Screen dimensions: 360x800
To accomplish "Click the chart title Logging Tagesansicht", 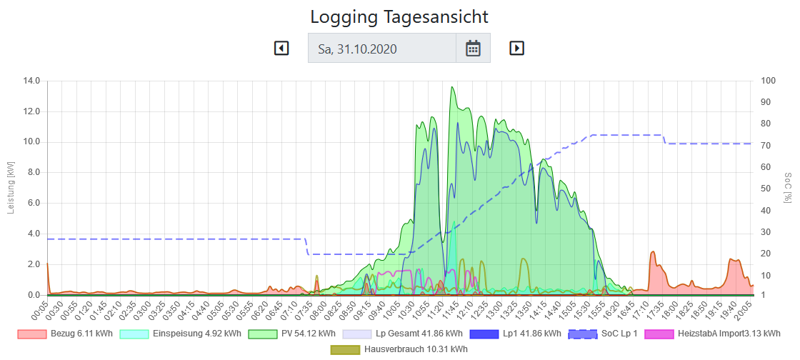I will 399,16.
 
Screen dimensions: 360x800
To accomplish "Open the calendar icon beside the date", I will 473,48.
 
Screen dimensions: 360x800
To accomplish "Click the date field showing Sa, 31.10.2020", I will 382,48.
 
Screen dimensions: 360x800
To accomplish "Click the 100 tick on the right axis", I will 767,81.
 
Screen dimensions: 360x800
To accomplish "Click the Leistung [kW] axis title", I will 10,188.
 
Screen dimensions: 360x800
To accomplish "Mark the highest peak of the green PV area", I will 452,87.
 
